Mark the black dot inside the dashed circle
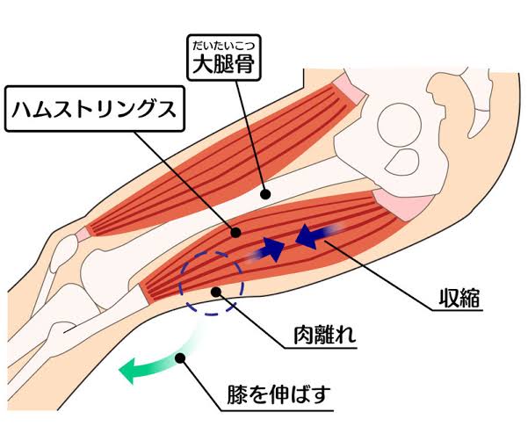[214, 289]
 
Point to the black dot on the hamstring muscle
[235, 232]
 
